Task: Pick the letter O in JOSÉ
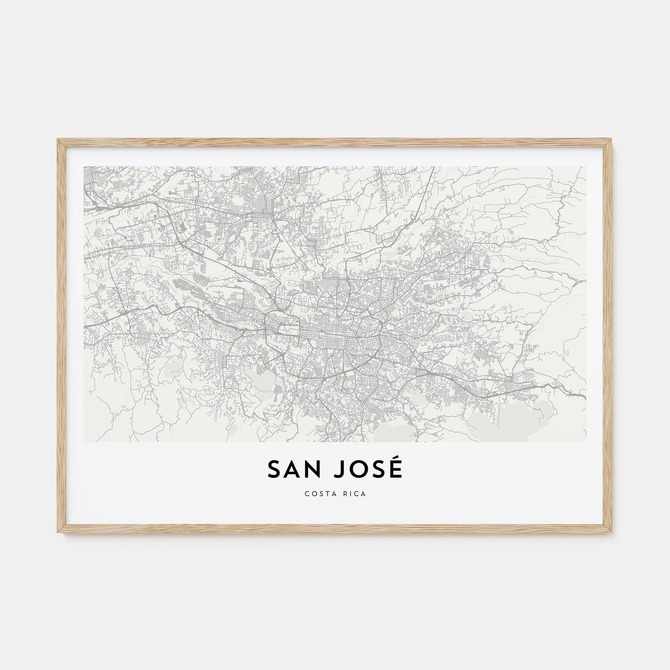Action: pyautogui.click(x=359, y=470)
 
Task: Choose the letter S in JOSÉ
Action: pyautogui.click(x=379, y=470)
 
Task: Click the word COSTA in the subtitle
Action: pyautogui.click(x=320, y=494)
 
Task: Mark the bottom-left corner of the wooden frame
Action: pyautogui.click(x=58, y=534)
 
